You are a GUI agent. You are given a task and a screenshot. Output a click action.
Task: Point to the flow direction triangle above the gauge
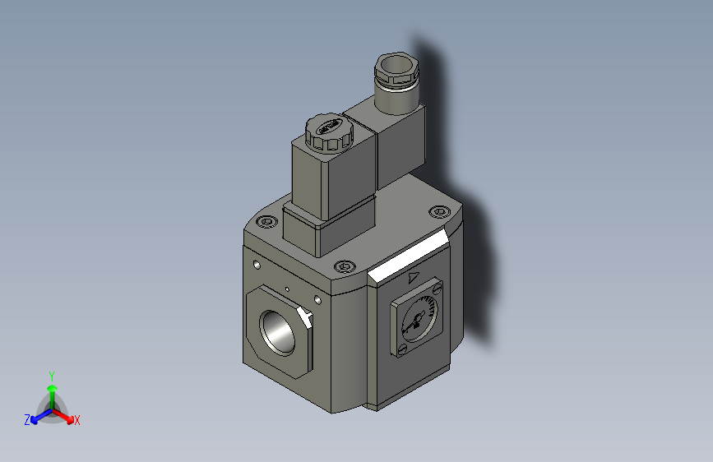[414, 278]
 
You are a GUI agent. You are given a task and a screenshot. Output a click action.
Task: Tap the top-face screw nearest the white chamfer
[344, 266]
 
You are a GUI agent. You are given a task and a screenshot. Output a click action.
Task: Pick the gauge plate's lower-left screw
[401, 352]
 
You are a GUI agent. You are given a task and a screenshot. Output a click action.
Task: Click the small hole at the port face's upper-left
[257, 265]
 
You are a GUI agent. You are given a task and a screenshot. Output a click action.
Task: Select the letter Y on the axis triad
[51, 374]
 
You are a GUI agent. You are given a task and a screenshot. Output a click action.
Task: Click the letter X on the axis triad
[77, 420]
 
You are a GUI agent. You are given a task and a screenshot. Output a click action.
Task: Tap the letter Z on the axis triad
[27, 419]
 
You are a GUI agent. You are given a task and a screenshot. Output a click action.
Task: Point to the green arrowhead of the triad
[51, 387]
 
